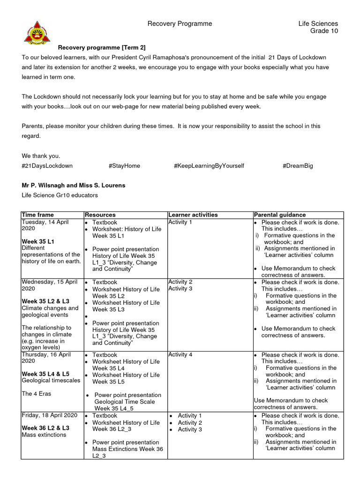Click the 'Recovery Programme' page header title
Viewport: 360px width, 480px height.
pyautogui.click(x=180, y=23)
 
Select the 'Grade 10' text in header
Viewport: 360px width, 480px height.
pyautogui.click(x=324, y=31)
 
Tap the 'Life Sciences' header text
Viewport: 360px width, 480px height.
pyautogui.click(x=318, y=23)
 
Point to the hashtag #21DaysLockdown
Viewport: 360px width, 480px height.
pyautogui.click(x=47, y=166)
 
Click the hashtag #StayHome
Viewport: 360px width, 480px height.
pyautogui.click(x=124, y=166)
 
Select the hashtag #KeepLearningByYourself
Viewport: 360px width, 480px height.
pyautogui.click(x=209, y=166)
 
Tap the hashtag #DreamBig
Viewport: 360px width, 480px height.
pyautogui.click(x=298, y=166)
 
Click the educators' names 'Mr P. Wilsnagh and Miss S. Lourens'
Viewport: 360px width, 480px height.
pyautogui.click(x=74, y=185)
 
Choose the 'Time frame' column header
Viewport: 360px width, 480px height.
pyautogui.click(x=37, y=215)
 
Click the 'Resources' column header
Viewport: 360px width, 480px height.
pyautogui.click(x=100, y=215)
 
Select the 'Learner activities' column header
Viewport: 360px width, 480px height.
pyautogui.click(x=193, y=215)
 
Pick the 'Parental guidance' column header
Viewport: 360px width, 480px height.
pyautogui.click(x=280, y=215)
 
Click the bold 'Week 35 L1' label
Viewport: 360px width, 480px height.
pyautogui.click(x=38, y=241)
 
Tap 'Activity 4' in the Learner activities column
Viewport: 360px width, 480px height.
pyautogui.click(x=180, y=354)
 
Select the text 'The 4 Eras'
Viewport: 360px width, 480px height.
pyautogui.click(x=37, y=394)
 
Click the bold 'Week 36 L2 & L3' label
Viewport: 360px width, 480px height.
pyautogui.click(x=45, y=428)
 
